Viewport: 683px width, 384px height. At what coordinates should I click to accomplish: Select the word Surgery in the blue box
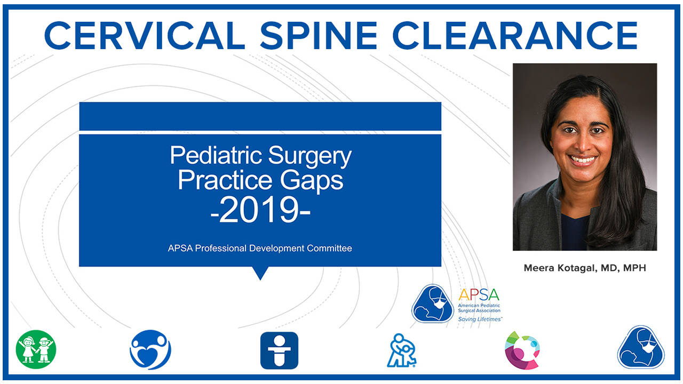click(x=310, y=156)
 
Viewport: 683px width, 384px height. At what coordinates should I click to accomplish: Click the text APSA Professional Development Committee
click(x=260, y=248)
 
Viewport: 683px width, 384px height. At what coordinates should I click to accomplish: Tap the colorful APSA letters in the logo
click(x=478, y=294)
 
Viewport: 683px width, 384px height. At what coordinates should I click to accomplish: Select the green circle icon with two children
click(x=36, y=350)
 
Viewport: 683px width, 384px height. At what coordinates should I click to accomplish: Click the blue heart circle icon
click(x=150, y=350)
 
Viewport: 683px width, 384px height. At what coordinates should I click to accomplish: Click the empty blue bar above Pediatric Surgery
click(x=260, y=116)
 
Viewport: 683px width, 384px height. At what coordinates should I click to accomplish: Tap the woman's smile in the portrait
click(x=583, y=159)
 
